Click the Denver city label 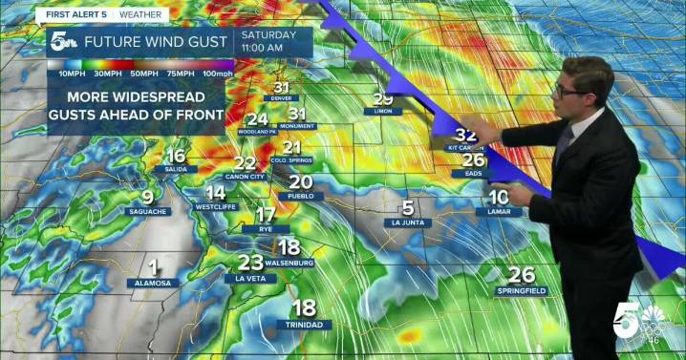coord(282,98)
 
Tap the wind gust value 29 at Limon coord(383,98)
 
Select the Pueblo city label coord(300,196)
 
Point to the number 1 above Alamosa coord(153,268)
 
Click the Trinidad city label coord(303,325)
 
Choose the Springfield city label coord(523,289)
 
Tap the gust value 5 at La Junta coord(408,207)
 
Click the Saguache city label coord(148,211)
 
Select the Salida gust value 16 coord(176,157)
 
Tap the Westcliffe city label coord(216,206)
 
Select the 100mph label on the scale coord(217,74)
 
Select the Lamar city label coord(499,210)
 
